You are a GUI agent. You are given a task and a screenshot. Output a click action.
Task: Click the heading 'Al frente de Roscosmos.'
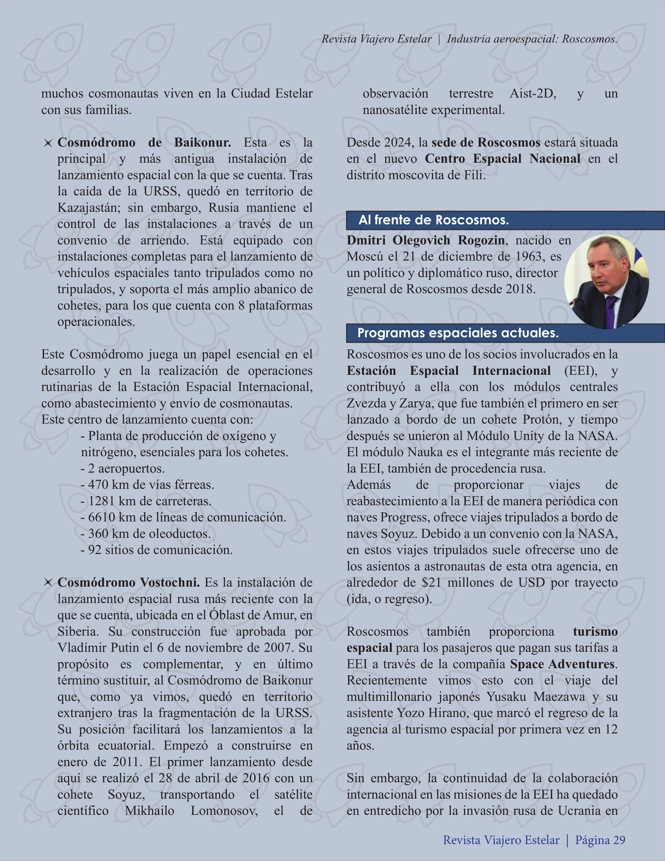click(434, 220)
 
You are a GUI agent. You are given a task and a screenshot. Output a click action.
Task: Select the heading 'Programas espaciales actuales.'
click(458, 333)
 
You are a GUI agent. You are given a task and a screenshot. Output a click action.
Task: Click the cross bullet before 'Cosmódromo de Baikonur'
click(48, 143)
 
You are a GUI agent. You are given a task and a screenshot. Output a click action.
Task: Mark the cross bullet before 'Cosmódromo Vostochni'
click(48, 583)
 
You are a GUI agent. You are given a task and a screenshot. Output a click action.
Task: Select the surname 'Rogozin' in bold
click(481, 240)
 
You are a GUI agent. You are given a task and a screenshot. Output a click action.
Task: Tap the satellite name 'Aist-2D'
click(533, 94)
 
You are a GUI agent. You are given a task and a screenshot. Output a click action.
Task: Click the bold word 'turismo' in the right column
click(595, 631)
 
